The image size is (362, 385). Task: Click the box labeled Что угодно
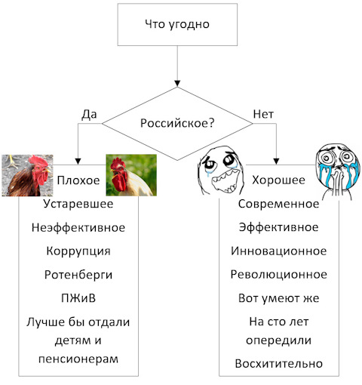coord(177,24)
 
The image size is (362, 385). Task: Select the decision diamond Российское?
coord(177,124)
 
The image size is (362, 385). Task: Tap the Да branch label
coord(89,115)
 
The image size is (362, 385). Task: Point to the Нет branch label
coord(263,114)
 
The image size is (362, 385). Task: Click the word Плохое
coord(78,180)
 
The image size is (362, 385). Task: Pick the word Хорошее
coord(278,180)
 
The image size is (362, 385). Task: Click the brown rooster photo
coord(27,175)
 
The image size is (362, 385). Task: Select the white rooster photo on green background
coord(131,175)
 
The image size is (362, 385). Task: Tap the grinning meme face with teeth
coord(221,171)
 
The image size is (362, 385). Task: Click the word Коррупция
coord(78,251)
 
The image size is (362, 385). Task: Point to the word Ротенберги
coord(78,275)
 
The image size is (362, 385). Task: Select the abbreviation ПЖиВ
coord(78,298)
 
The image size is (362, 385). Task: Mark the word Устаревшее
coord(78,204)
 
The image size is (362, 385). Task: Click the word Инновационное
coord(279,251)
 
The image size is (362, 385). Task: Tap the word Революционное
coord(279,275)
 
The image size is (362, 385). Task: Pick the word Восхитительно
coord(279,364)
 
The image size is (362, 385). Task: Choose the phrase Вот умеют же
coord(279,298)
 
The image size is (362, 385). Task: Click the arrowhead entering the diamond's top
coord(177,84)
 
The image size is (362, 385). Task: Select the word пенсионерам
coord(78,359)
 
